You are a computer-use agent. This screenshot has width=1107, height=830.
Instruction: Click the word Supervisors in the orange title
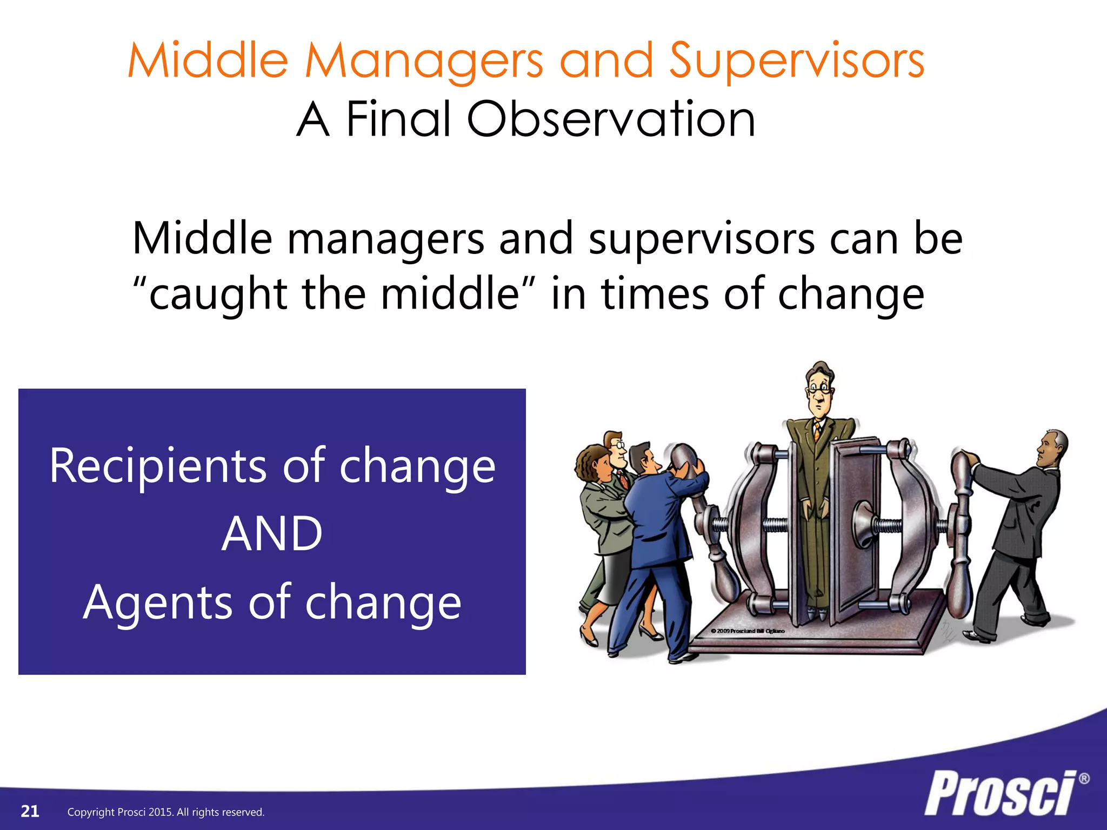(797, 61)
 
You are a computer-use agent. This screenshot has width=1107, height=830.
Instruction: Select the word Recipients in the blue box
(157, 466)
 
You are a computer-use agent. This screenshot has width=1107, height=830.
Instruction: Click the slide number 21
(30, 811)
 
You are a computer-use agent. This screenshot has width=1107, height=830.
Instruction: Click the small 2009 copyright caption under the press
(748, 631)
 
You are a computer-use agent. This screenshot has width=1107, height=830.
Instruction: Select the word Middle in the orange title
(208, 61)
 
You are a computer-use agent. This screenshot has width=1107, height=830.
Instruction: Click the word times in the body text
(655, 294)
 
